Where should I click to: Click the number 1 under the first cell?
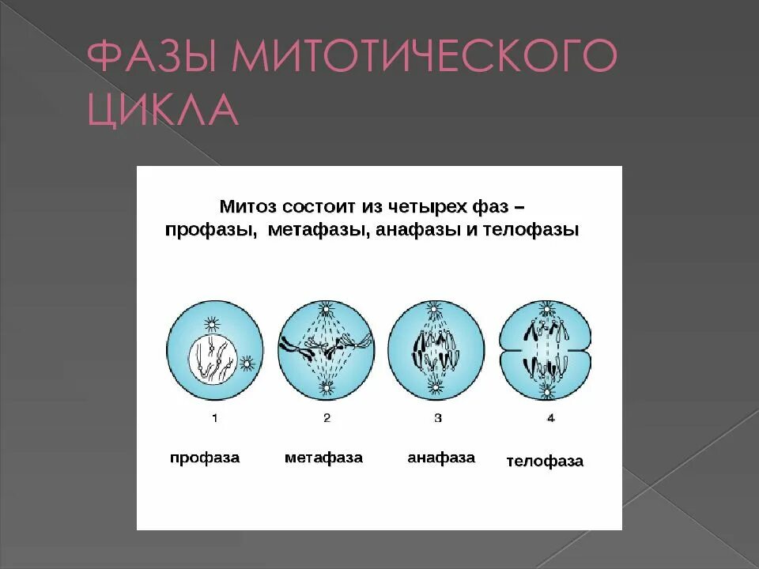(213, 418)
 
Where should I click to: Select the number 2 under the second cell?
(326, 418)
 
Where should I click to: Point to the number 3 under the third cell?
(437, 418)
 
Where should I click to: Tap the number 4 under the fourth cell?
(550, 418)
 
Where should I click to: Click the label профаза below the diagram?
(204, 458)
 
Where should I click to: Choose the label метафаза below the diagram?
(323, 458)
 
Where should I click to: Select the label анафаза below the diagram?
(441, 458)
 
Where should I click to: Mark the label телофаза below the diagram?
(545, 462)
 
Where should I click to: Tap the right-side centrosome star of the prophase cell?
(247, 363)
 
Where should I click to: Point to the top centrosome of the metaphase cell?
(324, 309)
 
